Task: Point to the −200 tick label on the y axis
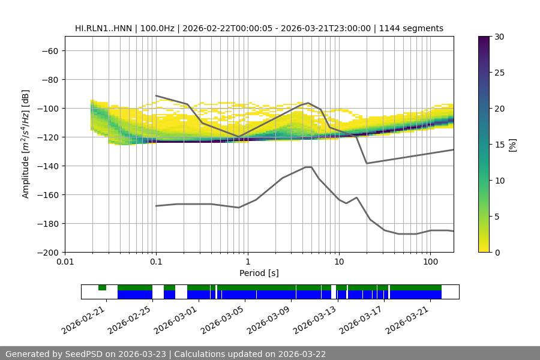pyautogui.click(x=47, y=252)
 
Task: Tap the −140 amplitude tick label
pyautogui.click(x=47, y=166)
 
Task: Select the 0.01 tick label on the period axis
pyautogui.click(x=65, y=262)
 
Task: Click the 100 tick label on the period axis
pyautogui.click(x=430, y=262)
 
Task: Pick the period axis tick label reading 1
pyautogui.click(x=247, y=262)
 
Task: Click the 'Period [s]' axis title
pyautogui.click(x=259, y=273)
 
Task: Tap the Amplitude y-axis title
pyautogui.click(x=25, y=144)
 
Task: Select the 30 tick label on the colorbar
pyautogui.click(x=499, y=37)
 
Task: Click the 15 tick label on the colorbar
pyautogui.click(x=499, y=145)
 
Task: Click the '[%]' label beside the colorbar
pyautogui.click(x=512, y=145)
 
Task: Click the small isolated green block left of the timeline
pyautogui.click(x=102, y=287)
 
